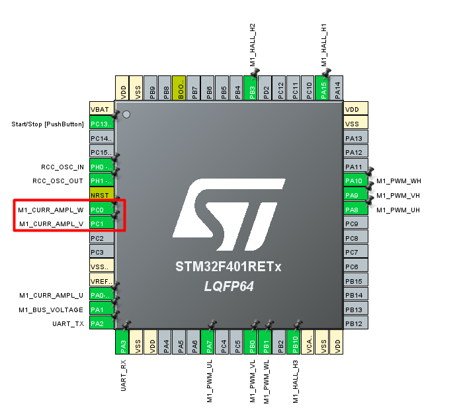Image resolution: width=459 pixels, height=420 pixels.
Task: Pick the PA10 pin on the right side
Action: click(x=354, y=181)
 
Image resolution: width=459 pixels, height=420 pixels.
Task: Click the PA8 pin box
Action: click(x=354, y=210)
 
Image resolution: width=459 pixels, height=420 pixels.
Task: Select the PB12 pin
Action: click(x=354, y=323)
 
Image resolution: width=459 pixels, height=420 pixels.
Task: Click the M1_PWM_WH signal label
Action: click(x=399, y=181)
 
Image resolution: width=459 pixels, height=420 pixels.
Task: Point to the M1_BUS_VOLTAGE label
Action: click(x=51, y=310)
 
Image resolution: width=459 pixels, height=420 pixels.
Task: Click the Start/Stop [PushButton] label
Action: click(x=48, y=124)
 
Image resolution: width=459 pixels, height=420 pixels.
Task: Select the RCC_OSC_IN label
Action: click(x=58, y=167)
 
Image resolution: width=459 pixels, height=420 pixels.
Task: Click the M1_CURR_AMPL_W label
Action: click(x=51, y=210)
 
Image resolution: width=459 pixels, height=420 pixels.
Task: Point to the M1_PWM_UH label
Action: click(x=399, y=210)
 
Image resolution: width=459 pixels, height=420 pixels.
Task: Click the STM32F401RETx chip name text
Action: click(x=229, y=268)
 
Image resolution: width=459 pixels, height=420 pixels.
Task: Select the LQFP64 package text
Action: click(x=229, y=286)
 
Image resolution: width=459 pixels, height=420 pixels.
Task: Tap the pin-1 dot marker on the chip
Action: click(x=126, y=114)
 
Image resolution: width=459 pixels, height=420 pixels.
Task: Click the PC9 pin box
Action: click(x=354, y=224)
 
